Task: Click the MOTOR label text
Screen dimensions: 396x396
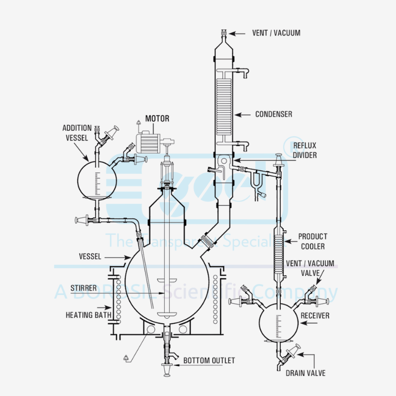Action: pyautogui.click(x=157, y=119)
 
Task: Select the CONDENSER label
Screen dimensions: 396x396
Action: pyautogui.click(x=273, y=114)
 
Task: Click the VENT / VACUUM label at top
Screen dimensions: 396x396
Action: pyautogui.click(x=277, y=33)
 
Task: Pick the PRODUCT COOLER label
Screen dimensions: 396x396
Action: pyautogui.click(x=312, y=241)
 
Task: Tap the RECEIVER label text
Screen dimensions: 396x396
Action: pyautogui.click(x=317, y=316)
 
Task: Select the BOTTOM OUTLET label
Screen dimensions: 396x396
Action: pyautogui.click(x=209, y=360)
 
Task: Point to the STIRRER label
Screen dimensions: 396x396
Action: pyautogui.click(x=83, y=288)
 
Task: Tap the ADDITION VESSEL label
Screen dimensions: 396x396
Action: pyautogui.click(x=77, y=133)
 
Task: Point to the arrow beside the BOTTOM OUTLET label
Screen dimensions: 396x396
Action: pyautogui.click(x=178, y=360)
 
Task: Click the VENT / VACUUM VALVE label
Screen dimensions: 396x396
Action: pyautogui.click(x=317, y=268)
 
